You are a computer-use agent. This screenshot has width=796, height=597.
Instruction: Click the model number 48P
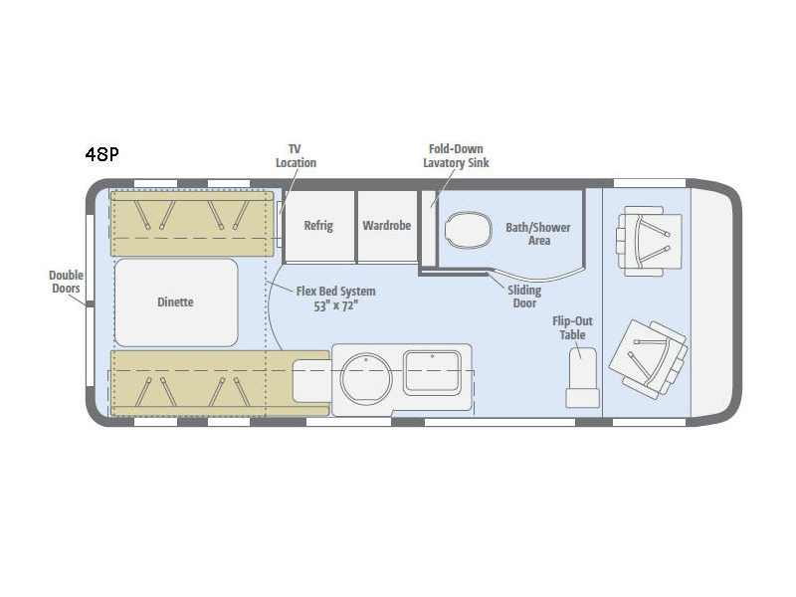tap(102, 154)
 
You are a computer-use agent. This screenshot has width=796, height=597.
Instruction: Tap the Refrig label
tap(318, 226)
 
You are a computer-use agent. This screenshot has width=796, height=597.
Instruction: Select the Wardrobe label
tap(387, 225)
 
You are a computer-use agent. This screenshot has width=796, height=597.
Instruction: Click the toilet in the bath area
tap(469, 230)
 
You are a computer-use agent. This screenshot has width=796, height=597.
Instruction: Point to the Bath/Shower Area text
tap(538, 234)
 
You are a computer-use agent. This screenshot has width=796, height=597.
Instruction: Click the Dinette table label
tap(175, 302)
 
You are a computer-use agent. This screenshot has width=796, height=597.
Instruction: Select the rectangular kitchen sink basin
tap(432, 372)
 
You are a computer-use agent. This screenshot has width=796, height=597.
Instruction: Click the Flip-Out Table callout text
tap(573, 328)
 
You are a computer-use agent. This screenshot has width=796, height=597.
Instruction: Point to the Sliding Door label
tap(524, 297)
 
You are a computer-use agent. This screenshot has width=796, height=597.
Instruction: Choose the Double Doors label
tap(66, 282)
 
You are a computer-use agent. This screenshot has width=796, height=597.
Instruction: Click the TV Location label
tap(296, 156)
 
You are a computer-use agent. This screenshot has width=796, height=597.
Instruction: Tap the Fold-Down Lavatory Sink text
tap(456, 156)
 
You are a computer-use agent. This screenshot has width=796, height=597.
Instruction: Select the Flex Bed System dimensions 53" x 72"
tap(336, 306)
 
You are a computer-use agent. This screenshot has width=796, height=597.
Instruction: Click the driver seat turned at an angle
tap(649, 358)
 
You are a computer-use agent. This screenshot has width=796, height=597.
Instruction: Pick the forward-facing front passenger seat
tap(649, 241)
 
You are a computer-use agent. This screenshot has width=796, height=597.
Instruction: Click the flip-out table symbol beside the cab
tap(582, 377)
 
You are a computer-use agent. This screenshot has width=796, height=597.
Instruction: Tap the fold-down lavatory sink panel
tap(429, 228)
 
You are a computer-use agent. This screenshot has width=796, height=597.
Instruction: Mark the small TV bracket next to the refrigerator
tap(280, 223)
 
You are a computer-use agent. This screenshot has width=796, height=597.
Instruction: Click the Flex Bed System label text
tap(336, 292)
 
